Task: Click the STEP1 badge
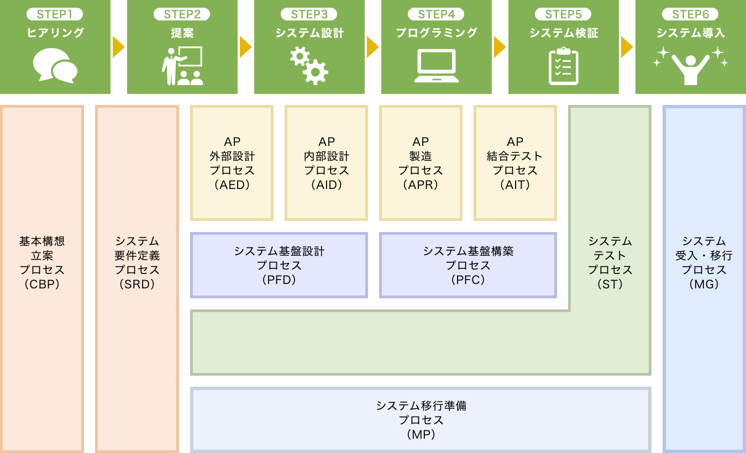(55, 15)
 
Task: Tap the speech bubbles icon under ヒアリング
(55, 66)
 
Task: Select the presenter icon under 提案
(182, 66)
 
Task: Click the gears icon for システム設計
(309, 66)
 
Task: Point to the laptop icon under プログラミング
(437, 66)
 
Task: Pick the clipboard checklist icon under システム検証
(564, 66)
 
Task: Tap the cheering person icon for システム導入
(691, 66)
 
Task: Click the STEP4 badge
(437, 15)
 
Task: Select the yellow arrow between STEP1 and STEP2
(119, 47)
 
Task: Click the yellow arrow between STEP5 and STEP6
(627, 47)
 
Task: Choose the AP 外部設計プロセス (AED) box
(232, 163)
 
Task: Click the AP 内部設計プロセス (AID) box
(327, 163)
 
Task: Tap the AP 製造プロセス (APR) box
(421, 163)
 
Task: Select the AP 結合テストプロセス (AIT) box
(515, 163)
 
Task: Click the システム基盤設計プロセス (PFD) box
(279, 265)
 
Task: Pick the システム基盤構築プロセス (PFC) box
(468, 265)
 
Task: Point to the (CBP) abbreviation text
(42, 285)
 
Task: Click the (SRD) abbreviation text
(137, 285)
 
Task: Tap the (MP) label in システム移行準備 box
(421, 435)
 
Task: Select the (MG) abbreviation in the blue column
(704, 285)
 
